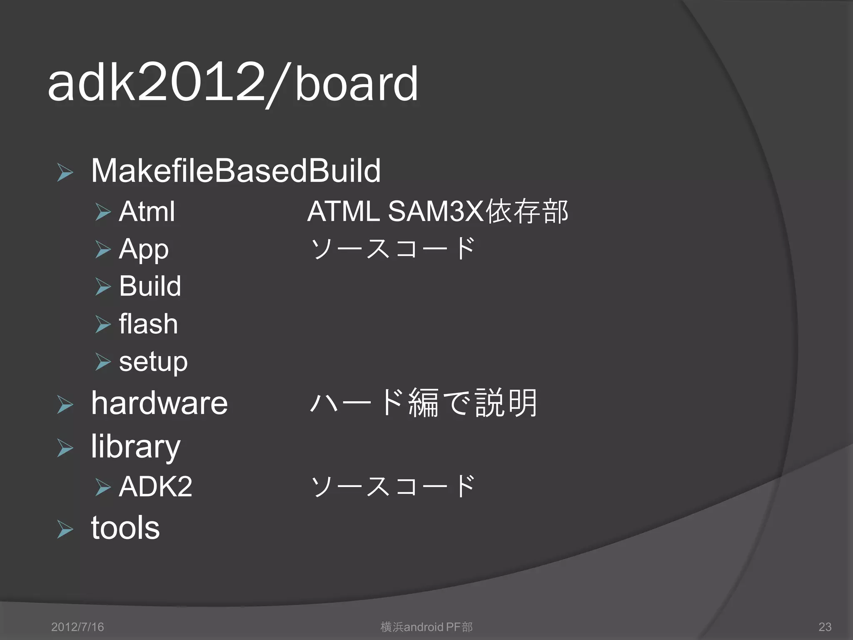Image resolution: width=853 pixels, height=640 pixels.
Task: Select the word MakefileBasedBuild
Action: [x=236, y=171]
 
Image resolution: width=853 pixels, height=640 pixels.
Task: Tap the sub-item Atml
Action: [x=147, y=211]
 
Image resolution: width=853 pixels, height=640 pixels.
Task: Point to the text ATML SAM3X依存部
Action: [x=437, y=211]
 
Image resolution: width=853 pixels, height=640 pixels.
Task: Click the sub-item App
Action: [x=144, y=249]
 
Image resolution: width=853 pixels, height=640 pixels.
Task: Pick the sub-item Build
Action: [x=150, y=286]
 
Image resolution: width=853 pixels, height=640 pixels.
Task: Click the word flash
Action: [x=148, y=324]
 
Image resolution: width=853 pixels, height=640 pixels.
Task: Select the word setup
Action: [x=153, y=361]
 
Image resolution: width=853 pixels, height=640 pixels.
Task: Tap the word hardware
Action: [x=159, y=403]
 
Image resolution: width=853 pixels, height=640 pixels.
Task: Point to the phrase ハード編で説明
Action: [x=424, y=403]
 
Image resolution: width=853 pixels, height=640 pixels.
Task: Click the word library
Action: [x=136, y=446]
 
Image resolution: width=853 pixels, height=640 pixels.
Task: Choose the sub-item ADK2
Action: [x=155, y=486]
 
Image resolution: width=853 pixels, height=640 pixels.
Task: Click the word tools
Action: [x=125, y=527]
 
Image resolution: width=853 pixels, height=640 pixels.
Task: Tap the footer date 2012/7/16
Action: [x=77, y=627]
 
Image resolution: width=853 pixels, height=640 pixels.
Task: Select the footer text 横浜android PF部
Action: [x=426, y=627]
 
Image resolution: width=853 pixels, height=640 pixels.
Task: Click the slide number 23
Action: [x=825, y=627]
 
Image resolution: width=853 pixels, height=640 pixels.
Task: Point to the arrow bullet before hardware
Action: [x=65, y=405]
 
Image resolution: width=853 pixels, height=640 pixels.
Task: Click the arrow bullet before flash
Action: [x=103, y=324]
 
